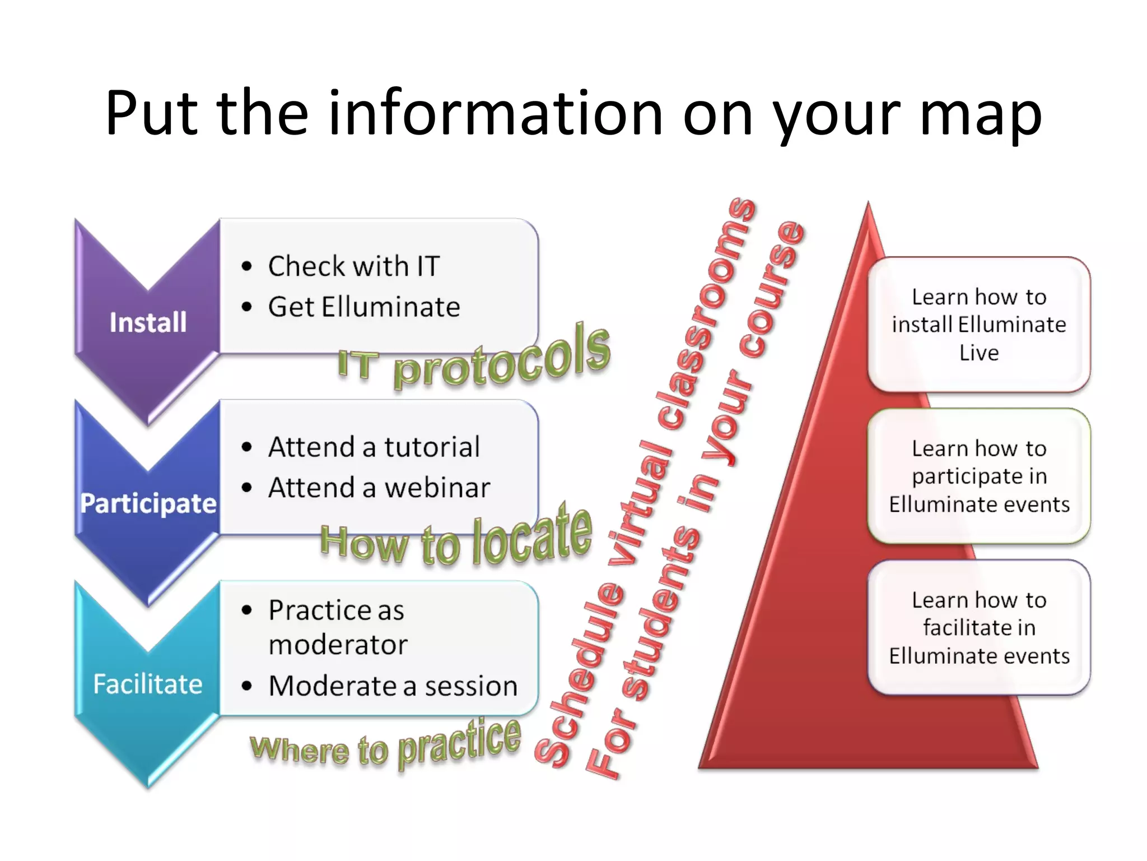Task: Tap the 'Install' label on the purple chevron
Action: point(148,323)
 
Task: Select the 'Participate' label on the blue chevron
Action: point(148,503)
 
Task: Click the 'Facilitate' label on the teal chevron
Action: point(148,684)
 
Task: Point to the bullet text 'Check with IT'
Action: point(354,266)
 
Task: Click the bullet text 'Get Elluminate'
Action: point(364,307)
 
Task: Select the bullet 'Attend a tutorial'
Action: point(374,447)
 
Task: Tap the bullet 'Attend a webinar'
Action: point(379,488)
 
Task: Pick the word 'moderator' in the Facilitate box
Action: point(338,645)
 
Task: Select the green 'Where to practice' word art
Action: point(386,746)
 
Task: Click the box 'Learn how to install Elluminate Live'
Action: point(979,325)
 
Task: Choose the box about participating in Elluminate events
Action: point(979,476)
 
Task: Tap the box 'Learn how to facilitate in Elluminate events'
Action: point(979,627)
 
